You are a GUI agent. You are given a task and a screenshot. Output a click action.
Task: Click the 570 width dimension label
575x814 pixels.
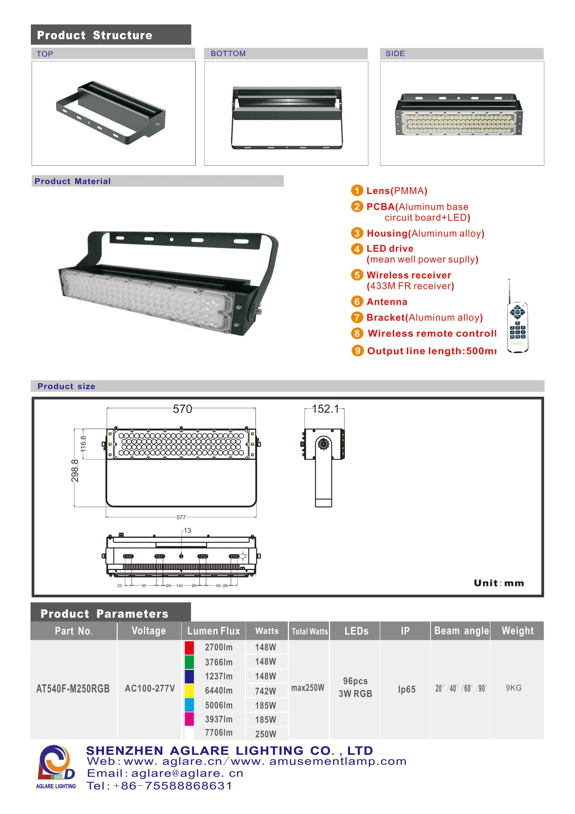pyautogui.click(x=183, y=409)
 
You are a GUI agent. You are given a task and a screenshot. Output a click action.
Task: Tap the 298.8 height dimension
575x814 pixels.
pyautogui.click(x=75, y=471)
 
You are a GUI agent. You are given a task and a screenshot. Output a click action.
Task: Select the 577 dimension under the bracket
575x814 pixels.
pyautogui.click(x=181, y=517)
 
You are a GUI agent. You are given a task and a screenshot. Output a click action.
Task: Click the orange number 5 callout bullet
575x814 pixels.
pyautogui.click(x=357, y=275)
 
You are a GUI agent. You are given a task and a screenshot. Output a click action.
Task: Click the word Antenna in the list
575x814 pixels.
pyautogui.click(x=387, y=302)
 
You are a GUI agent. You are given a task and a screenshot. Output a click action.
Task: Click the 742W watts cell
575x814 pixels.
pyautogui.click(x=266, y=691)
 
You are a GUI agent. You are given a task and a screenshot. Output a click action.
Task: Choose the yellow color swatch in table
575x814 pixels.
pyautogui.click(x=189, y=691)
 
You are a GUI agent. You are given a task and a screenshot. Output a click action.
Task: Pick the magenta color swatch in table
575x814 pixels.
pyautogui.click(x=189, y=719)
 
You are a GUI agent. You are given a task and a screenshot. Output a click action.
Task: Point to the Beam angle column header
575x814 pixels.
pyautogui.click(x=461, y=631)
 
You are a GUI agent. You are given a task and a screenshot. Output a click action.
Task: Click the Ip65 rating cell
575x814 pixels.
pyautogui.click(x=406, y=689)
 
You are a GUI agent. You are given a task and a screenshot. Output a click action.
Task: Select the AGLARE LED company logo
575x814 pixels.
pyautogui.click(x=56, y=767)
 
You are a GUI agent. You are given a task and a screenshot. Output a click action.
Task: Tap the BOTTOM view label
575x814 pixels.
pyautogui.click(x=228, y=54)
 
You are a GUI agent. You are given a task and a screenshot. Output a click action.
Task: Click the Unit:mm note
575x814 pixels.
pyautogui.click(x=499, y=583)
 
